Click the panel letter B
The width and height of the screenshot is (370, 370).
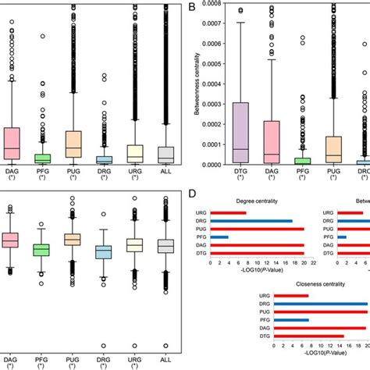192,7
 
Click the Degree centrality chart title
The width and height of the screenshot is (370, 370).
254,201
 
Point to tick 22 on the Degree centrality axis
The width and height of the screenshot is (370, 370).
312,263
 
